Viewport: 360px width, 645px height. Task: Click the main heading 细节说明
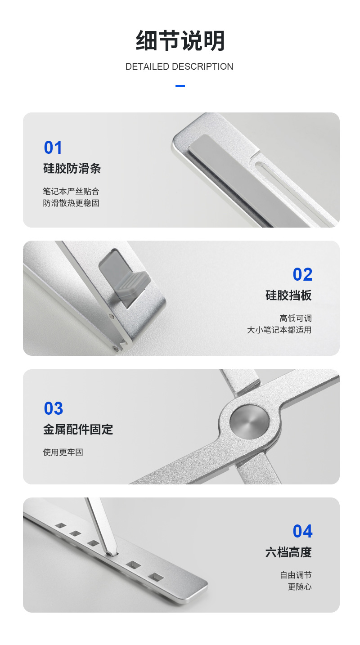180,40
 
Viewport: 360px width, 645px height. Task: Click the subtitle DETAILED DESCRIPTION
179,67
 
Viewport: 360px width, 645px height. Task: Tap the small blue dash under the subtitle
180,86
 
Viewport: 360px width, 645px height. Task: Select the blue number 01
53,148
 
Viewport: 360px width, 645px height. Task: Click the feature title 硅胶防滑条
72,169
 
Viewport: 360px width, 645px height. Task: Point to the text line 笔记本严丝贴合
71,191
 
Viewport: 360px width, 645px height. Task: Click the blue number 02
302,274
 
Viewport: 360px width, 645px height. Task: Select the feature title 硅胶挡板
288,296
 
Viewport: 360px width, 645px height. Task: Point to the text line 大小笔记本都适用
279,330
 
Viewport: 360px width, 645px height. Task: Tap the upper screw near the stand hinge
112,317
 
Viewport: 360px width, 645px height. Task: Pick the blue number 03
53,408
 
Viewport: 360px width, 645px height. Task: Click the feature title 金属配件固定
78,430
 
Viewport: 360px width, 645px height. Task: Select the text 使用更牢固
63,452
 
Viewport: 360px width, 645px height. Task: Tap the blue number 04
302,531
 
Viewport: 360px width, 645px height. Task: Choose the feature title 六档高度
288,552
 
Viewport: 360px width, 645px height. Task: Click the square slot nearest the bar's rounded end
156,577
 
